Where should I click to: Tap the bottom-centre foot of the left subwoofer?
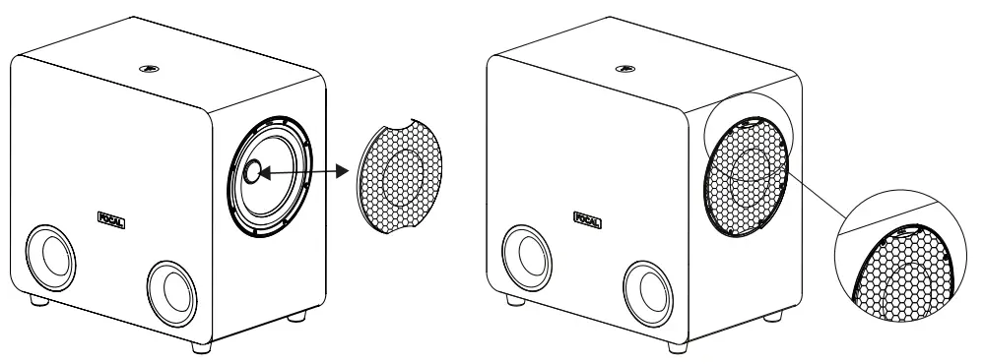pos(200,346)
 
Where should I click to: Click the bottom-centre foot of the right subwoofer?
pos(675,346)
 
